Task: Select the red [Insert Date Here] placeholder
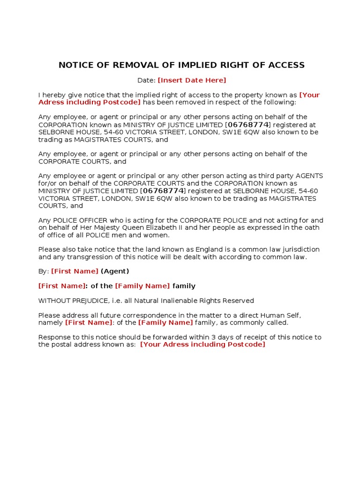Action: (192, 80)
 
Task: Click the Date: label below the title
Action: (146, 80)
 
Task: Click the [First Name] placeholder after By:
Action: (75, 271)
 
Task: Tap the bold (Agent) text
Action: (115, 271)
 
